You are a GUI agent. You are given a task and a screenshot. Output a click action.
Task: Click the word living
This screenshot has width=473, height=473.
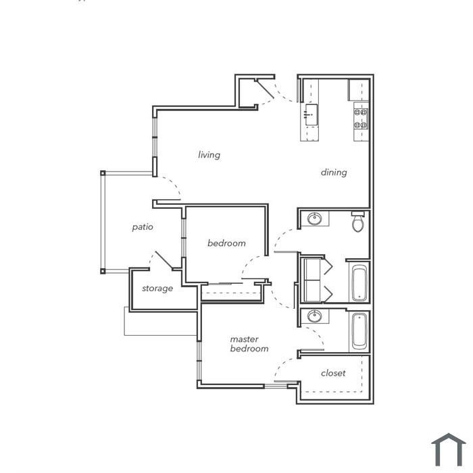tap(209, 155)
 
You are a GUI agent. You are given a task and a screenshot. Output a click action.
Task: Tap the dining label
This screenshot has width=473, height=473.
tap(334, 172)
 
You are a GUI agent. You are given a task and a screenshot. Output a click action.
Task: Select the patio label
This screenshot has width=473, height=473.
tap(143, 227)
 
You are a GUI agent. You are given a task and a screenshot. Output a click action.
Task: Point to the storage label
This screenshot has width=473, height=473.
tap(157, 289)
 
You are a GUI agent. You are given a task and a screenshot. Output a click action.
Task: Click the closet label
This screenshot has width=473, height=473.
tap(333, 373)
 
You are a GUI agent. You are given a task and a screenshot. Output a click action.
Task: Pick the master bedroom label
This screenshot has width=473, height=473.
tap(249, 344)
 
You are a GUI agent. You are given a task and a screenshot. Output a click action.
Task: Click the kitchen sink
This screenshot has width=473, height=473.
tap(311, 115)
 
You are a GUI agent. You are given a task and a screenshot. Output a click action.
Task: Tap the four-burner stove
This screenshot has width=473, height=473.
tap(361, 118)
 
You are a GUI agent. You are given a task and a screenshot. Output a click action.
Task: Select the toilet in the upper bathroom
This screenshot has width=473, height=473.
tap(358, 222)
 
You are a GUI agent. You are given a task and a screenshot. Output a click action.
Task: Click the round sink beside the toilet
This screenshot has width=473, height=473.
tap(314, 219)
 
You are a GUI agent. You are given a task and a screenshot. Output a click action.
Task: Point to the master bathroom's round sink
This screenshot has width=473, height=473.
tap(314, 316)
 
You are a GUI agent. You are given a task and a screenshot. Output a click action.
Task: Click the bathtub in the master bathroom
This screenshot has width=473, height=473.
tap(359, 331)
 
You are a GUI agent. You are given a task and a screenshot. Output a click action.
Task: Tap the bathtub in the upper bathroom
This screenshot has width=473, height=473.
tap(359, 283)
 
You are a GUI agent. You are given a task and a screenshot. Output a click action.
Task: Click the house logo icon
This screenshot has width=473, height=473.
tap(449, 449)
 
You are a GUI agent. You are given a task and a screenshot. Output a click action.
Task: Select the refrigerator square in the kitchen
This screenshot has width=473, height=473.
tap(359, 90)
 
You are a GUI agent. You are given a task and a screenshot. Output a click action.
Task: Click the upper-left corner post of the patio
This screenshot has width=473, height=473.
tap(103, 173)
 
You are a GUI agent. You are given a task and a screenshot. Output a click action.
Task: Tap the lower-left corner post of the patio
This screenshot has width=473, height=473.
tap(103, 271)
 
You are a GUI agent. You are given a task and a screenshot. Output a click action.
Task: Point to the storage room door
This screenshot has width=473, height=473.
tap(164, 260)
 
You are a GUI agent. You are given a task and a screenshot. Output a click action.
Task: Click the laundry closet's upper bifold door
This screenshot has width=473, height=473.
tap(328, 266)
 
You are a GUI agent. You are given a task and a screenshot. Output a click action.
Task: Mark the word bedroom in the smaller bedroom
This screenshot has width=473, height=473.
tap(226, 243)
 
